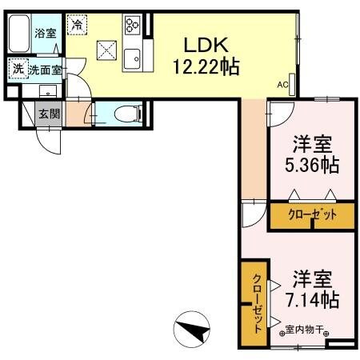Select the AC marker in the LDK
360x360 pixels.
pyautogui.click(x=282, y=82)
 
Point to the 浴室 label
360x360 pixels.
pyautogui.click(x=45, y=33)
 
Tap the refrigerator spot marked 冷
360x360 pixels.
pyautogui.click(x=77, y=25)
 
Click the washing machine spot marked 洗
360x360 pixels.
pyautogui.click(x=17, y=70)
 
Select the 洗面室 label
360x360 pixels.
pyautogui.click(x=45, y=70)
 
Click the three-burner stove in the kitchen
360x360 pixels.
pyautogui.click(x=131, y=26)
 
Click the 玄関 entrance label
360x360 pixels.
pyautogui.click(x=49, y=114)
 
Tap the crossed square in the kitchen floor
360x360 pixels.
pyautogui.click(x=106, y=50)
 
